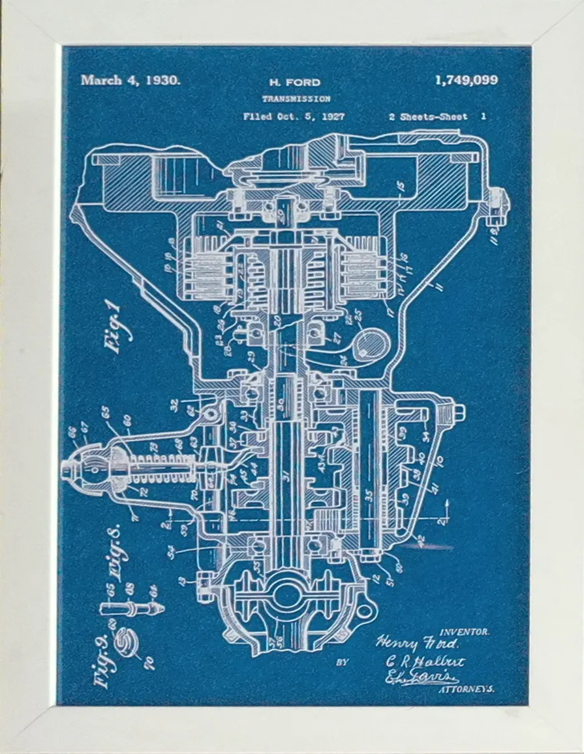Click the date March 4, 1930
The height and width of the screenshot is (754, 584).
click(130, 80)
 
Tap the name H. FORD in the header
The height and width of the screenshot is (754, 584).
click(295, 82)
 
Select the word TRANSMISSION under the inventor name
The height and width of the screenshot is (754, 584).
click(296, 99)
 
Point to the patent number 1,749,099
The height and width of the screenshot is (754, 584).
click(466, 80)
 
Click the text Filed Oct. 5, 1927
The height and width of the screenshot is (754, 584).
click(294, 117)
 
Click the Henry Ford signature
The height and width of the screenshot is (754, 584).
click(417, 643)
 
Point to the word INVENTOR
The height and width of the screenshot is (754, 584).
click(465, 631)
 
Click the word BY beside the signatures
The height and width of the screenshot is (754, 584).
click(342, 663)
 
